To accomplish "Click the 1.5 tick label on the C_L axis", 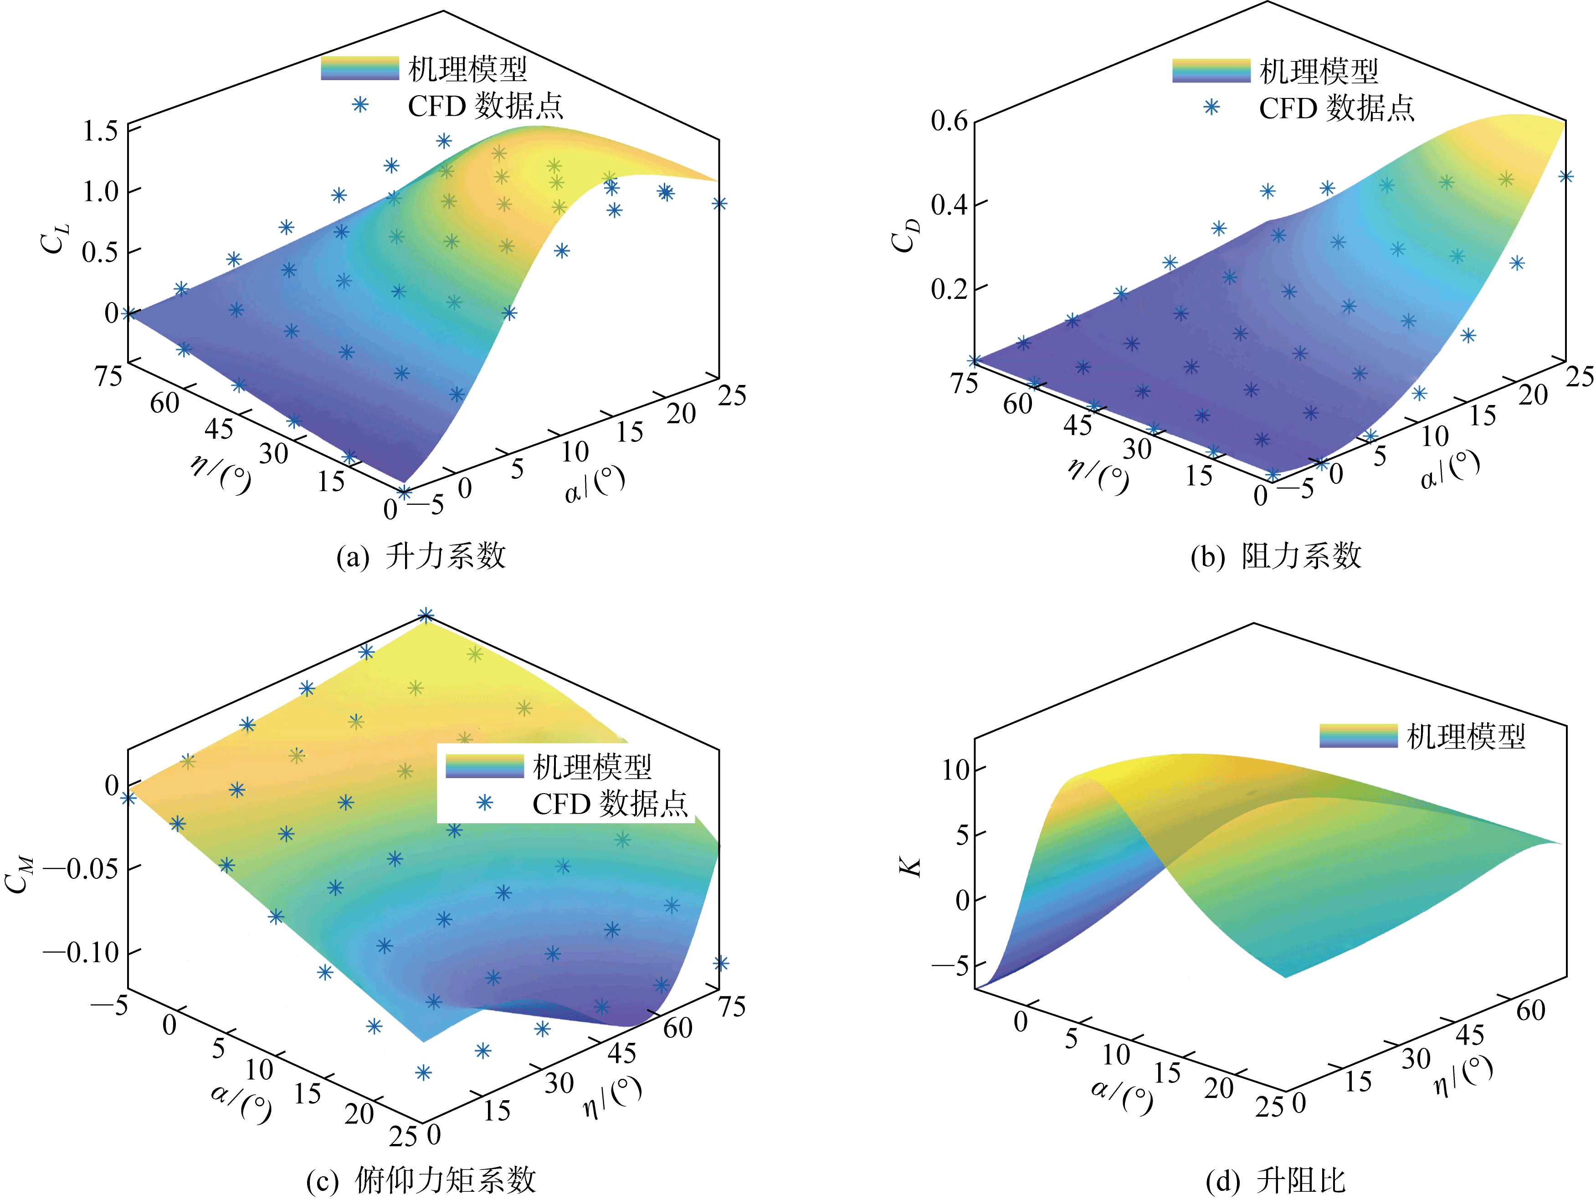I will pyautogui.click(x=100, y=131).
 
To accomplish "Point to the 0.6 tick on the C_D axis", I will pyautogui.click(x=949, y=121).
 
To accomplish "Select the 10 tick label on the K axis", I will pyautogui.click(x=955, y=770).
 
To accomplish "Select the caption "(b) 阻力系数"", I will pyautogui.click(x=1276, y=556).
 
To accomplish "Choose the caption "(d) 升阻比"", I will pyautogui.click(x=1276, y=1180).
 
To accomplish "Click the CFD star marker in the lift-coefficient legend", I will pyautogui.click(x=360, y=105).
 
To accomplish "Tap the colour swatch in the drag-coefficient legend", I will pyautogui.click(x=1211, y=71).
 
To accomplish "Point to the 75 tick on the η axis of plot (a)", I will pyautogui.click(x=109, y=375).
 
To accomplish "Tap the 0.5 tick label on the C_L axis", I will pyautogui.click(x=100, y=252).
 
